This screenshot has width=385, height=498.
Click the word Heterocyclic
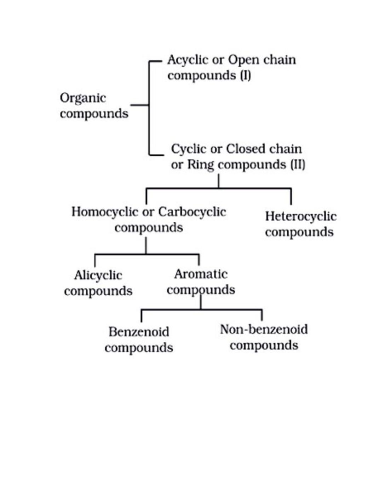301,216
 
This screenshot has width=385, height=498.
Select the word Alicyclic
98,276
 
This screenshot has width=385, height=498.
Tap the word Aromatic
201,274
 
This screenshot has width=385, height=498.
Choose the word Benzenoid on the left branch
139,332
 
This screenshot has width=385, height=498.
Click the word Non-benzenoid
264,330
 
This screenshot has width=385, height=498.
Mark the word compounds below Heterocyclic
299,232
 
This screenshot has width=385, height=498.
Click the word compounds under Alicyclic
98,291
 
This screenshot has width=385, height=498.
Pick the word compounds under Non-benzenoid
264,346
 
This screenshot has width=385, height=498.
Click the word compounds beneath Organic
94,114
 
